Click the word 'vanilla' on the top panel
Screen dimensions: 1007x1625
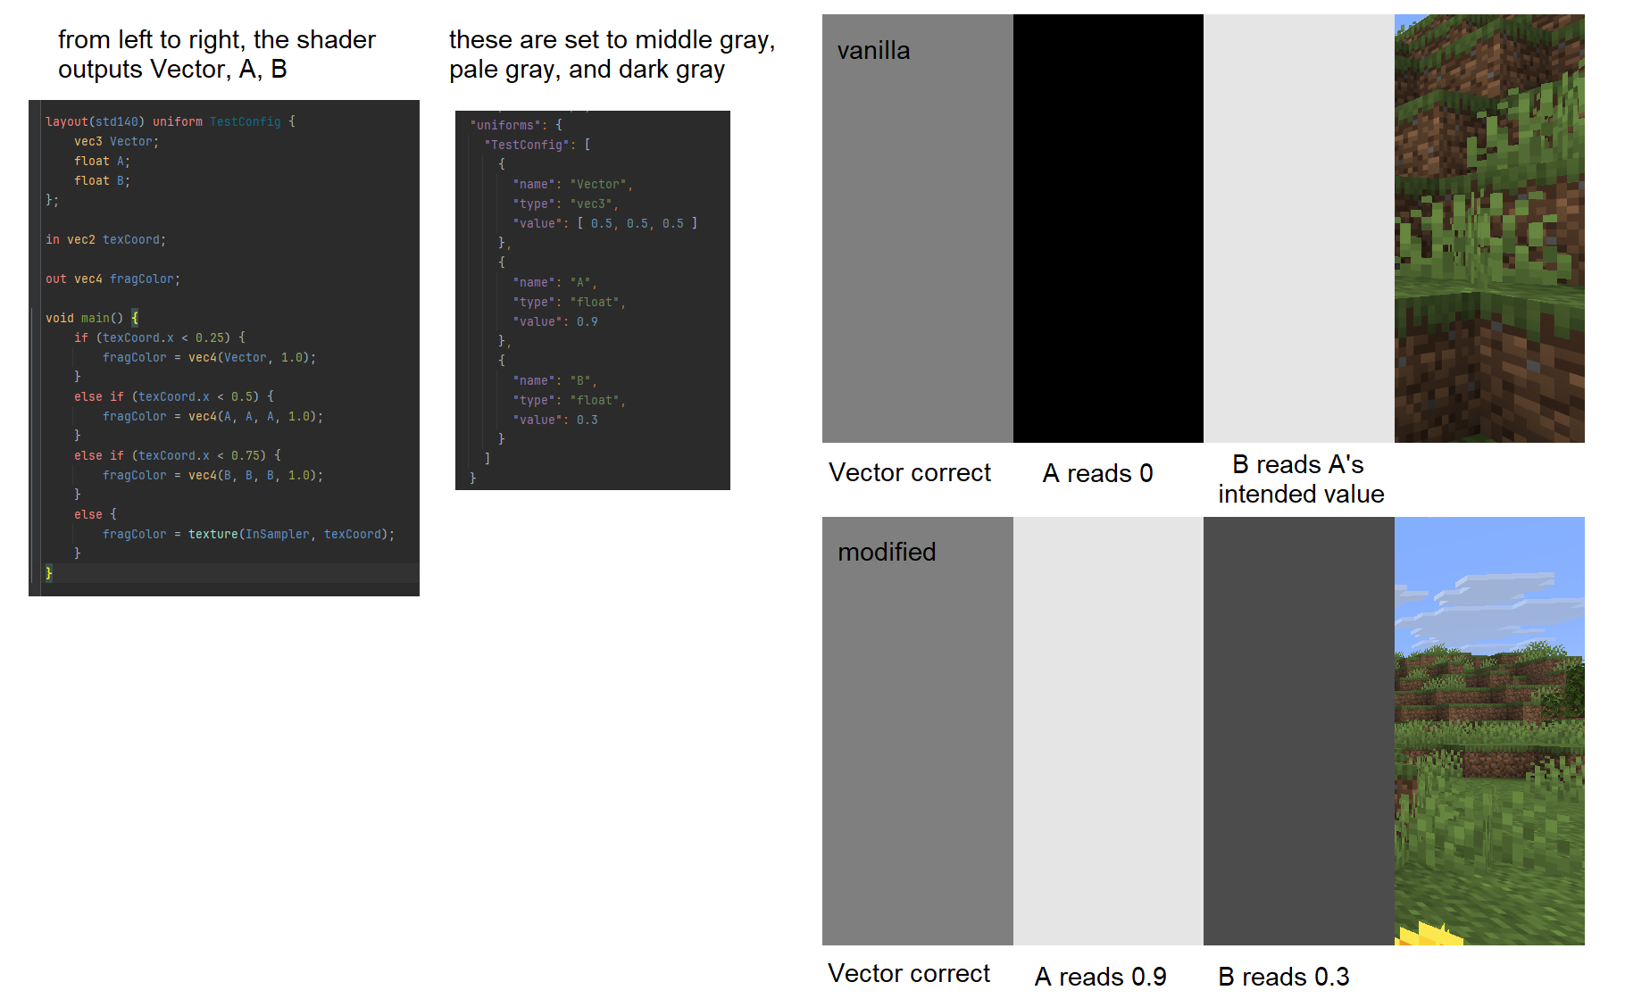tap(873, 51)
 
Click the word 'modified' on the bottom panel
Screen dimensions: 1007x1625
tap(887, 553)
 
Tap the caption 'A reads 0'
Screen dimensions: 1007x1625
tap(1097, 473)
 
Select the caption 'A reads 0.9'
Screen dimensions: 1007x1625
tap(1100, 977)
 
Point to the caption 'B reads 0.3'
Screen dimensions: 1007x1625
tap(1283, 977)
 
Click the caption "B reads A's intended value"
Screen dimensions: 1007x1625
tap(1300, 479)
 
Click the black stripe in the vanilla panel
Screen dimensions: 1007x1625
tap(1108, 229)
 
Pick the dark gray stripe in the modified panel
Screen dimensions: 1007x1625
tap(1298, 730)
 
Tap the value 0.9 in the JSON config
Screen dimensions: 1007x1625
tap(587, 322)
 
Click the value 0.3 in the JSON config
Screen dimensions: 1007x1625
tap(587, 420)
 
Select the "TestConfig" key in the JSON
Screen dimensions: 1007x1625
tap(527, 146)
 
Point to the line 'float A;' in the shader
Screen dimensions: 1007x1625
tap(102, 162)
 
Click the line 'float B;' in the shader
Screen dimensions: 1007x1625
tap(102, 181)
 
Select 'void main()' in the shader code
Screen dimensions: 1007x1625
tap(84, 319)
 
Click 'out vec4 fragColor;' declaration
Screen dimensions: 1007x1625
tap(112, 279)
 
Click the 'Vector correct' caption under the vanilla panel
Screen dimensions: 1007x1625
tap(909, 473)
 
